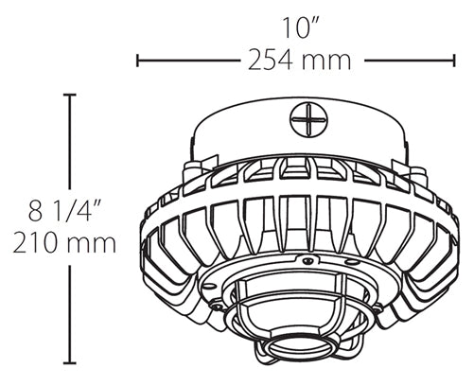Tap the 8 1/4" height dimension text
point(65,210)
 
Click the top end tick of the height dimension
point(69,95)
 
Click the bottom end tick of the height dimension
point(69,363)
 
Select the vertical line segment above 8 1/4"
point(69,142)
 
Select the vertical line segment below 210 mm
point(69,312)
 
